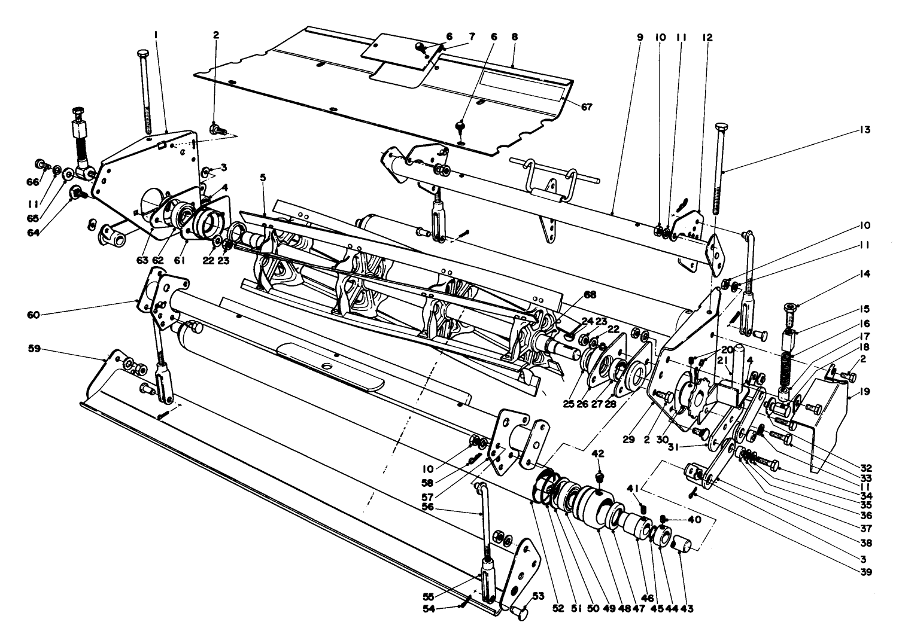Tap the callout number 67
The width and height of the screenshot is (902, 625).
click(586, 107)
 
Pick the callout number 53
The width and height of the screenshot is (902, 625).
click(538, 595)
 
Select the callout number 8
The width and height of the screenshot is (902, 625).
click(514, 36)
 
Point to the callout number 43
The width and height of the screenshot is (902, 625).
click(687, 609)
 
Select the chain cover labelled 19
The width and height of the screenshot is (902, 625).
click(826, 419)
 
